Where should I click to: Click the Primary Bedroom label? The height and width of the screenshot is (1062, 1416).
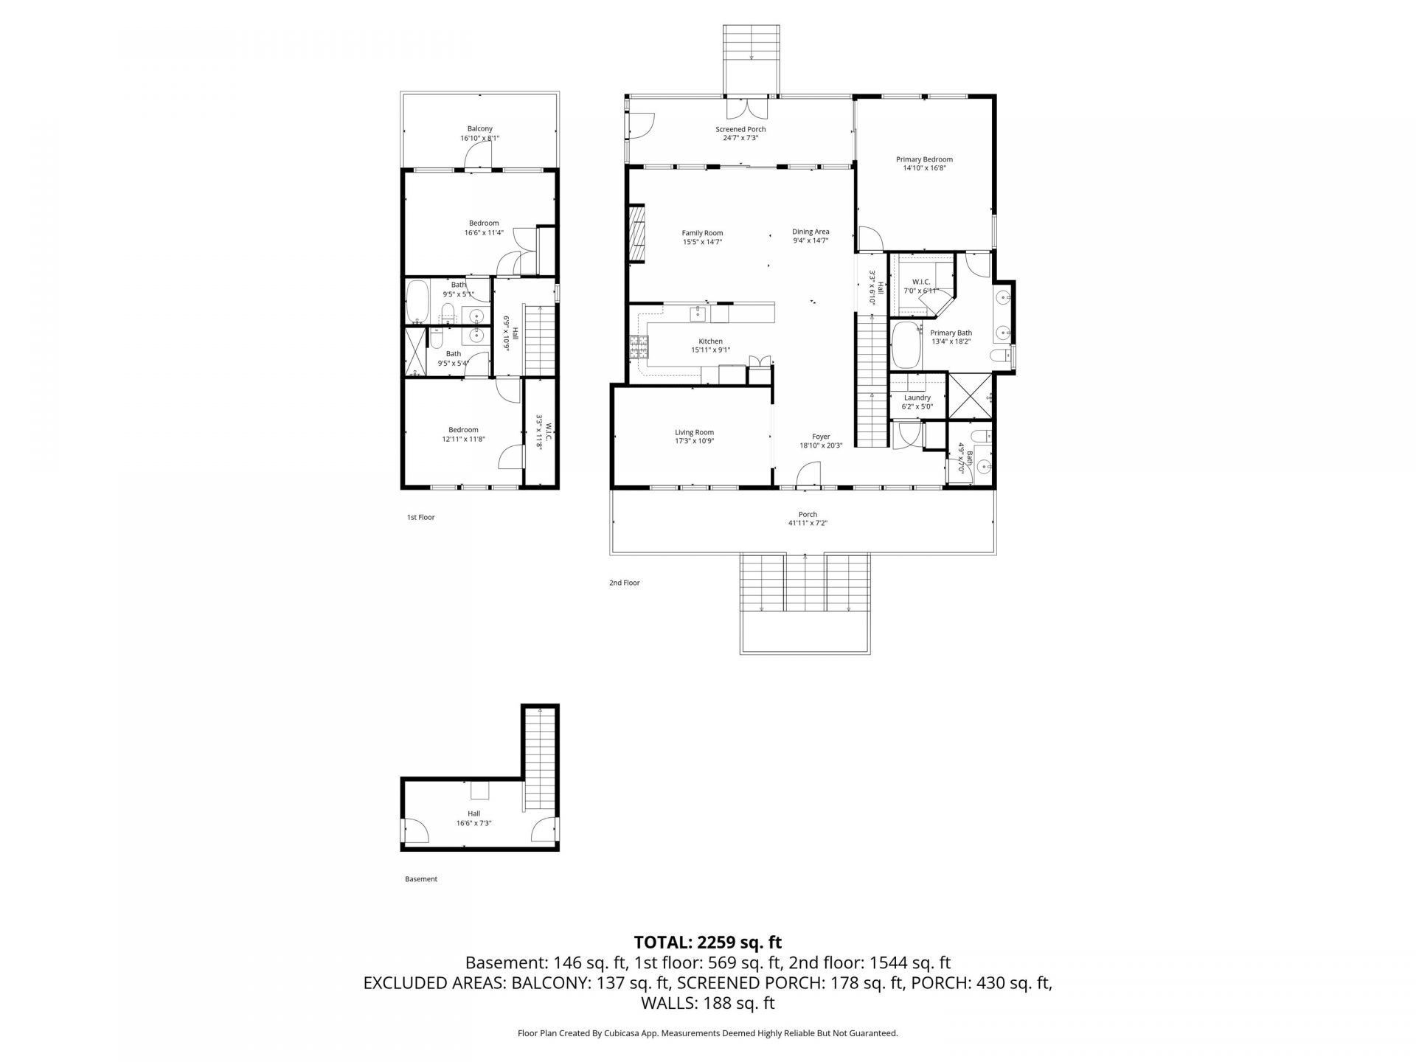[924, 159]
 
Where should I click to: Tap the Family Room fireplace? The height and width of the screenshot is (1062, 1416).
[636, 233]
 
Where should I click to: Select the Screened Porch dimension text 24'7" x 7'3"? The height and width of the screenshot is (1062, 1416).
[740, 138]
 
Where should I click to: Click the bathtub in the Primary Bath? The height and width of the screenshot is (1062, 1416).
[905, 345]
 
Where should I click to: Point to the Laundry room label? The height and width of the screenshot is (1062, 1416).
[917, 398]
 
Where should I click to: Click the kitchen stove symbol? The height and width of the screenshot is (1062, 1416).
[638, 347]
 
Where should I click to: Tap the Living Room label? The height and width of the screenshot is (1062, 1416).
[694, 433]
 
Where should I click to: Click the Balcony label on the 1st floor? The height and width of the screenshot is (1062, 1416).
[479, 129]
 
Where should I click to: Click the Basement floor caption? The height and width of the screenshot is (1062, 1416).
[421, 879]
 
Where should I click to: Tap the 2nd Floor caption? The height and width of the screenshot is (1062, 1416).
[624, 583]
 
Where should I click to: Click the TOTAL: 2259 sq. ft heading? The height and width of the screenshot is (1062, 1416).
[707, 942]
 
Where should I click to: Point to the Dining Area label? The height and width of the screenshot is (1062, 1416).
[811, 232]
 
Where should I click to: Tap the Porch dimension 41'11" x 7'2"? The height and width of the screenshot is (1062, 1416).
[808, 523]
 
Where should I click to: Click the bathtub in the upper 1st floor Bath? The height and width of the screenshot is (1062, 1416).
[417, 302]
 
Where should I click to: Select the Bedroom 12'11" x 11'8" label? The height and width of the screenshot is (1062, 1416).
[463, 430]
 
